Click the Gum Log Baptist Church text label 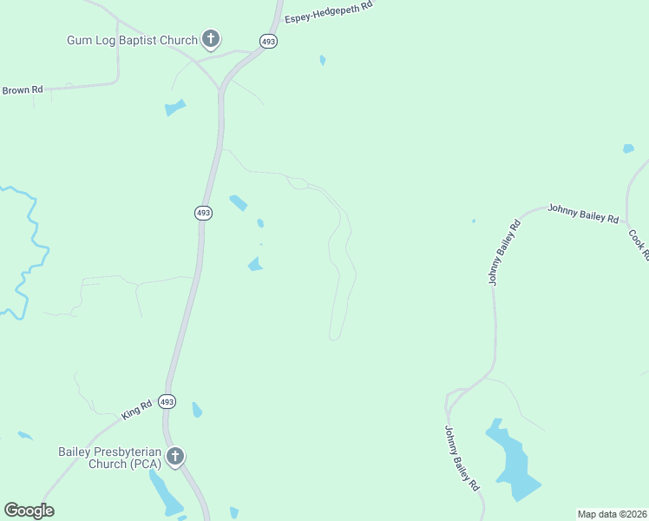click(x=133, y=39)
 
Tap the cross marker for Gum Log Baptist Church click(x=211, y=38)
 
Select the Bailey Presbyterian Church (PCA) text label click(x=109, y=457)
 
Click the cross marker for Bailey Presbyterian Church click(x=175, y=456)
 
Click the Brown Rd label click(x=23, y=89)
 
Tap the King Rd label click(x=137, y=408)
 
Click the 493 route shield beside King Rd click(x=167, y=402)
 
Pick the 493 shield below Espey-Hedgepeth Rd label click(x=269, y=41)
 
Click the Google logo click(x=29, y=511)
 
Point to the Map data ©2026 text click(x=613, y=514)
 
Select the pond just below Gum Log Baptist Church click(x=175, y=108)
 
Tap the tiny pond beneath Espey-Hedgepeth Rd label click(x=323, y=60)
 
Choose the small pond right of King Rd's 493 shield click(x=197, y=409)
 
